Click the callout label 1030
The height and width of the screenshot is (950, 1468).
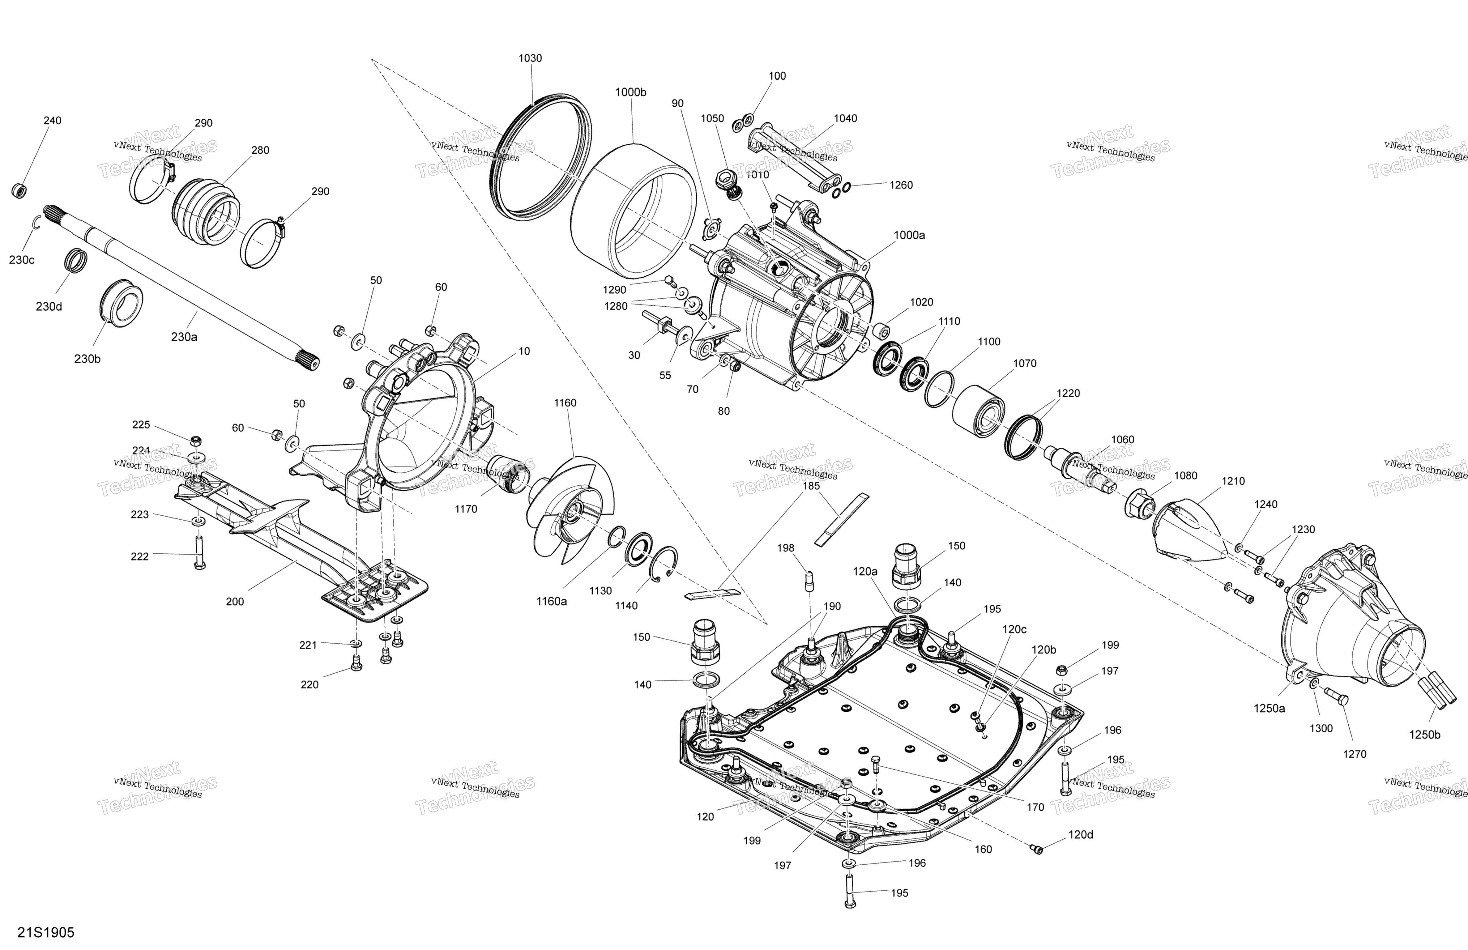530,59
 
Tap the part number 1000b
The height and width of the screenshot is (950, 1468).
630,92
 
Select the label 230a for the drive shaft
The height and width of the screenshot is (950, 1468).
184,337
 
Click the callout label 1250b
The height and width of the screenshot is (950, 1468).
1425,735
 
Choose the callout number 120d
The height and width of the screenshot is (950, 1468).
1081,835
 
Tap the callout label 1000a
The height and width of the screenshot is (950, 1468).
909,235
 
